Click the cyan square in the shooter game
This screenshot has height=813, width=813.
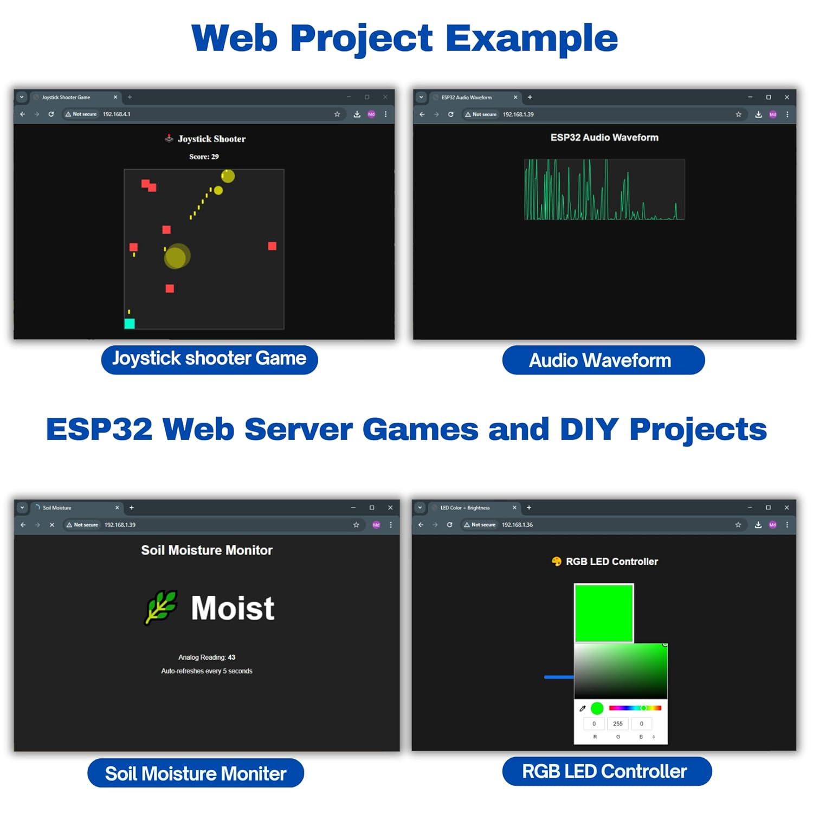130,324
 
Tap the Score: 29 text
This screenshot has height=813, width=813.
204,157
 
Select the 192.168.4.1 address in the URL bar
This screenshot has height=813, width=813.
117,114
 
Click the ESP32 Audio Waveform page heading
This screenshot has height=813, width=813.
604,138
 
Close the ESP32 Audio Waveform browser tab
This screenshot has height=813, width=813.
515,98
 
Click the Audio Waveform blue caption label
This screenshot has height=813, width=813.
603,360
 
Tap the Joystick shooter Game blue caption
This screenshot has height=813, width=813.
209,359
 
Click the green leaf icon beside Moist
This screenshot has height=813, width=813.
161,607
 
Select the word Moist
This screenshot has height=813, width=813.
233,608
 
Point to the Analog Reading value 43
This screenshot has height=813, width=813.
231,657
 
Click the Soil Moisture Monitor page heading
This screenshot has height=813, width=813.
207,550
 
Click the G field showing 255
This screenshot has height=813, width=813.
618,724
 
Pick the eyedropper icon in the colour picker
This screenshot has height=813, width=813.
583,708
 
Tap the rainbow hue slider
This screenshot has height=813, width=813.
635,708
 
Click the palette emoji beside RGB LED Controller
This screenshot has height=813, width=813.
556,562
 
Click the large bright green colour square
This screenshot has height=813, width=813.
604,613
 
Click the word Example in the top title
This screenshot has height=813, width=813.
532,39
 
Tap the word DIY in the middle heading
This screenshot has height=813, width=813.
589,429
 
